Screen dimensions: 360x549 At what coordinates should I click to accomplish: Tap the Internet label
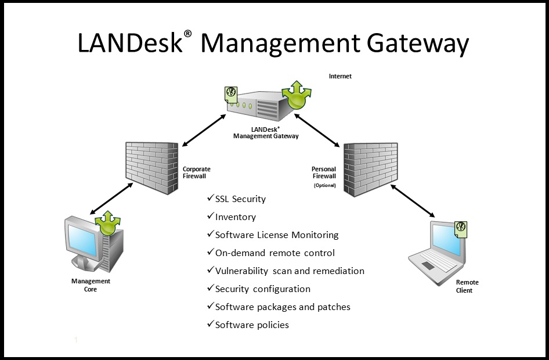[340, 76]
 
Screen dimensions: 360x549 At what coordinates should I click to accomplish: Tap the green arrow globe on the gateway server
[297, 96]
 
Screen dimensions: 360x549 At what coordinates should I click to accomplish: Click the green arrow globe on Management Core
[108, 222]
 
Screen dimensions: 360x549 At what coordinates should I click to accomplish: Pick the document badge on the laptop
[461, 228]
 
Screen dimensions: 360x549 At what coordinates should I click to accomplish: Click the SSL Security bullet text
[240, 199]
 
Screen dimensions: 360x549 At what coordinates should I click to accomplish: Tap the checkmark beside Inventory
[210, 217]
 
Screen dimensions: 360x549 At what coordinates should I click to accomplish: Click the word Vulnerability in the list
[242, 271]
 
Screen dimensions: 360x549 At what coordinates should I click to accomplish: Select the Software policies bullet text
[252, 325]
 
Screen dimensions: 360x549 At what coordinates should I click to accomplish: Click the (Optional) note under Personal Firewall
[325, 185]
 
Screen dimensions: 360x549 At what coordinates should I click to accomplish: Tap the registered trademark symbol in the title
[187, 34]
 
